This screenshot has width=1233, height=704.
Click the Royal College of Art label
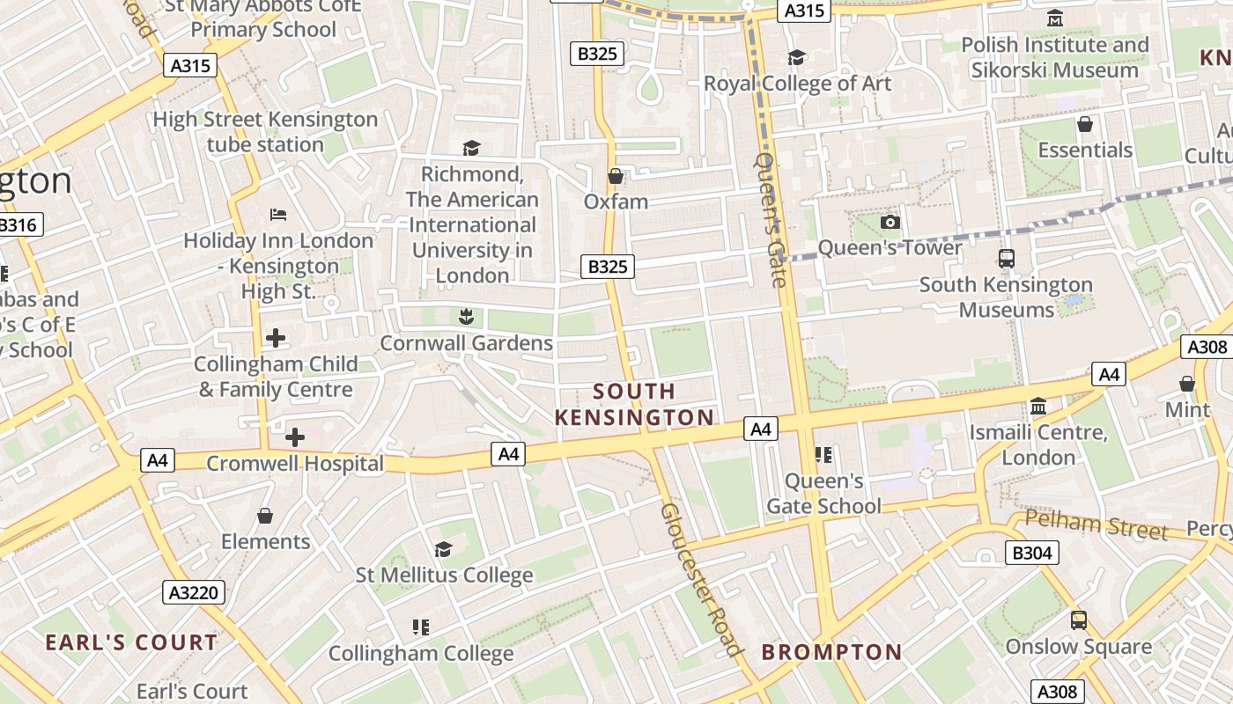tap(797, 84)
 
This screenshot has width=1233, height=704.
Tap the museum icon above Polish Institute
tap(1055, 18)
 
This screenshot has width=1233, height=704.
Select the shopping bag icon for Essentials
tap(1085, 124)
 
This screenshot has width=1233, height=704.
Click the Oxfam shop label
tap(616, 202)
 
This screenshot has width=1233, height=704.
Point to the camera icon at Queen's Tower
tap(890, 222)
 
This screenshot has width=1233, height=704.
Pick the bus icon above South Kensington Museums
tap(1006, 259)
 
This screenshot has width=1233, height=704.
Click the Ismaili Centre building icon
tap(1038, 407)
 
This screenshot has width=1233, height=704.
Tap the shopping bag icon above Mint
tap(1187, 384)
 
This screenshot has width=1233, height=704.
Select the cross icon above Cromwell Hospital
tap(295, 436)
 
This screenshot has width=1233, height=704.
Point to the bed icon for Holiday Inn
tap(278, 215)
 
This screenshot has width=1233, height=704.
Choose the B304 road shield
tap(1031, 553)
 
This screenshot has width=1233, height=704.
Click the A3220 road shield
tap(194, 592)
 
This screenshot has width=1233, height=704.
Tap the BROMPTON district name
tap(831, 652)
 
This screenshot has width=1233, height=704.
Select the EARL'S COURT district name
tap(131, 642)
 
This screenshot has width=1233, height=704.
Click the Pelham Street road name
tap(1096, 525)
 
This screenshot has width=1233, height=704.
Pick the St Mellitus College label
tap(444, 576)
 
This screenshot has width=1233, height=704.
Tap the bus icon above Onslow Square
tap(1079, 620)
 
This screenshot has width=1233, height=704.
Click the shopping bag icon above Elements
tap(265, 516)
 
